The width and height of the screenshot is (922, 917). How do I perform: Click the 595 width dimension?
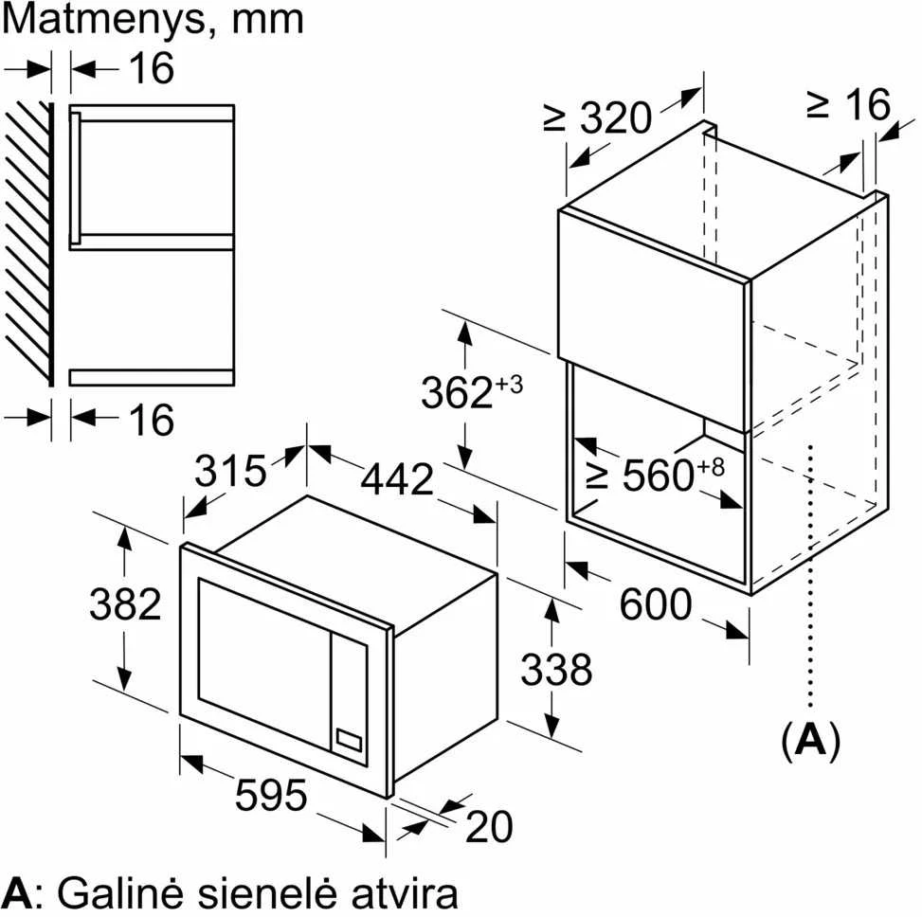point(270,796)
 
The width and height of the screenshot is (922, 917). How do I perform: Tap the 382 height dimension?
point(125,604)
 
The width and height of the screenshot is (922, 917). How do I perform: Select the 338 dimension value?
point(556,670)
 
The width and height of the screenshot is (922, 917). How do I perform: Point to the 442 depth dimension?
point(397,479)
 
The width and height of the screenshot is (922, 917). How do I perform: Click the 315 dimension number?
point(230,470)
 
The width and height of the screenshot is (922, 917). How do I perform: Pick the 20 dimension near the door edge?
point(489,826)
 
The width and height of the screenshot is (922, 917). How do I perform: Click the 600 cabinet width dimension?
point(656,604)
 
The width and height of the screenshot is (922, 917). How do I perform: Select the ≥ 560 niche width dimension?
point(656,474)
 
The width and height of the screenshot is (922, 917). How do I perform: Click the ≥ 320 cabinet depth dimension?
point(598,117)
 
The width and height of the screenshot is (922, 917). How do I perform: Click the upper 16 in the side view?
point(152,67)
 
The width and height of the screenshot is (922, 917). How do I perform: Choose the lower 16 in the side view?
point(152,420)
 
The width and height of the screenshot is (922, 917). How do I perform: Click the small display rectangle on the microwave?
point(348,740)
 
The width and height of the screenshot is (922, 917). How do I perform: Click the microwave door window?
point(264,664)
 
